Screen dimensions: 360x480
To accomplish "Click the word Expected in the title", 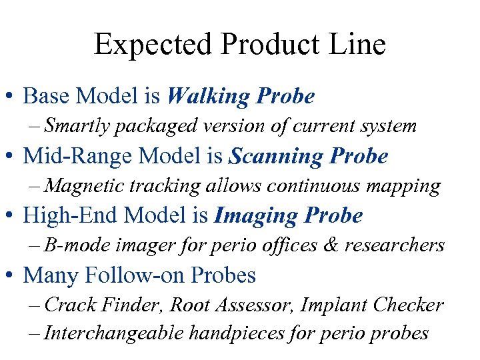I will [x=153, y=45].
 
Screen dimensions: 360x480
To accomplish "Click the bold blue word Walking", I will [x=208, y=97].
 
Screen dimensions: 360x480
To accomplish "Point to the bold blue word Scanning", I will [x=273, y=157].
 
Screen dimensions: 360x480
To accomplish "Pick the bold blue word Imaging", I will [x=255, y=215].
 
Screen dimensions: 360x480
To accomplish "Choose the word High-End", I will [x=64, y=215].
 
